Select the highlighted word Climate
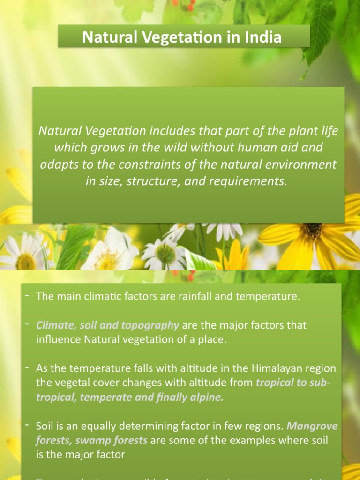click(x=54, y=325)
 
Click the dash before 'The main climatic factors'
click(x=27, y=296)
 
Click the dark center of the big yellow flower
click(x=313, y=230)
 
